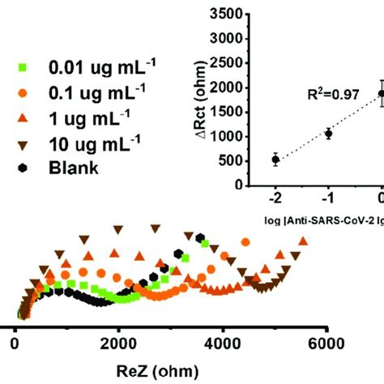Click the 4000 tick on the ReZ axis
tap(221, 343)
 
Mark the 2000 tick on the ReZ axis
tap(118, 343)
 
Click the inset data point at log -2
tap(275, 159)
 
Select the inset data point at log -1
tap(329, 134)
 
